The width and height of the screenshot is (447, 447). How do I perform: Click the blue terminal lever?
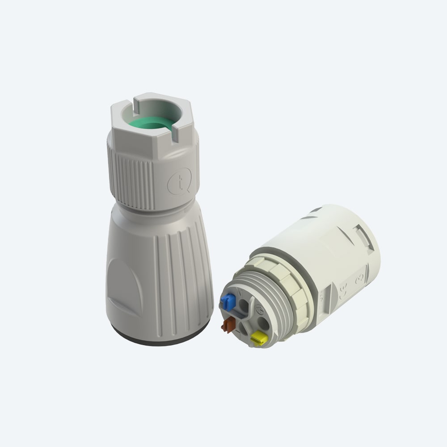229,302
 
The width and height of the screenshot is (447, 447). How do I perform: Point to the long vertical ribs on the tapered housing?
174,277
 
